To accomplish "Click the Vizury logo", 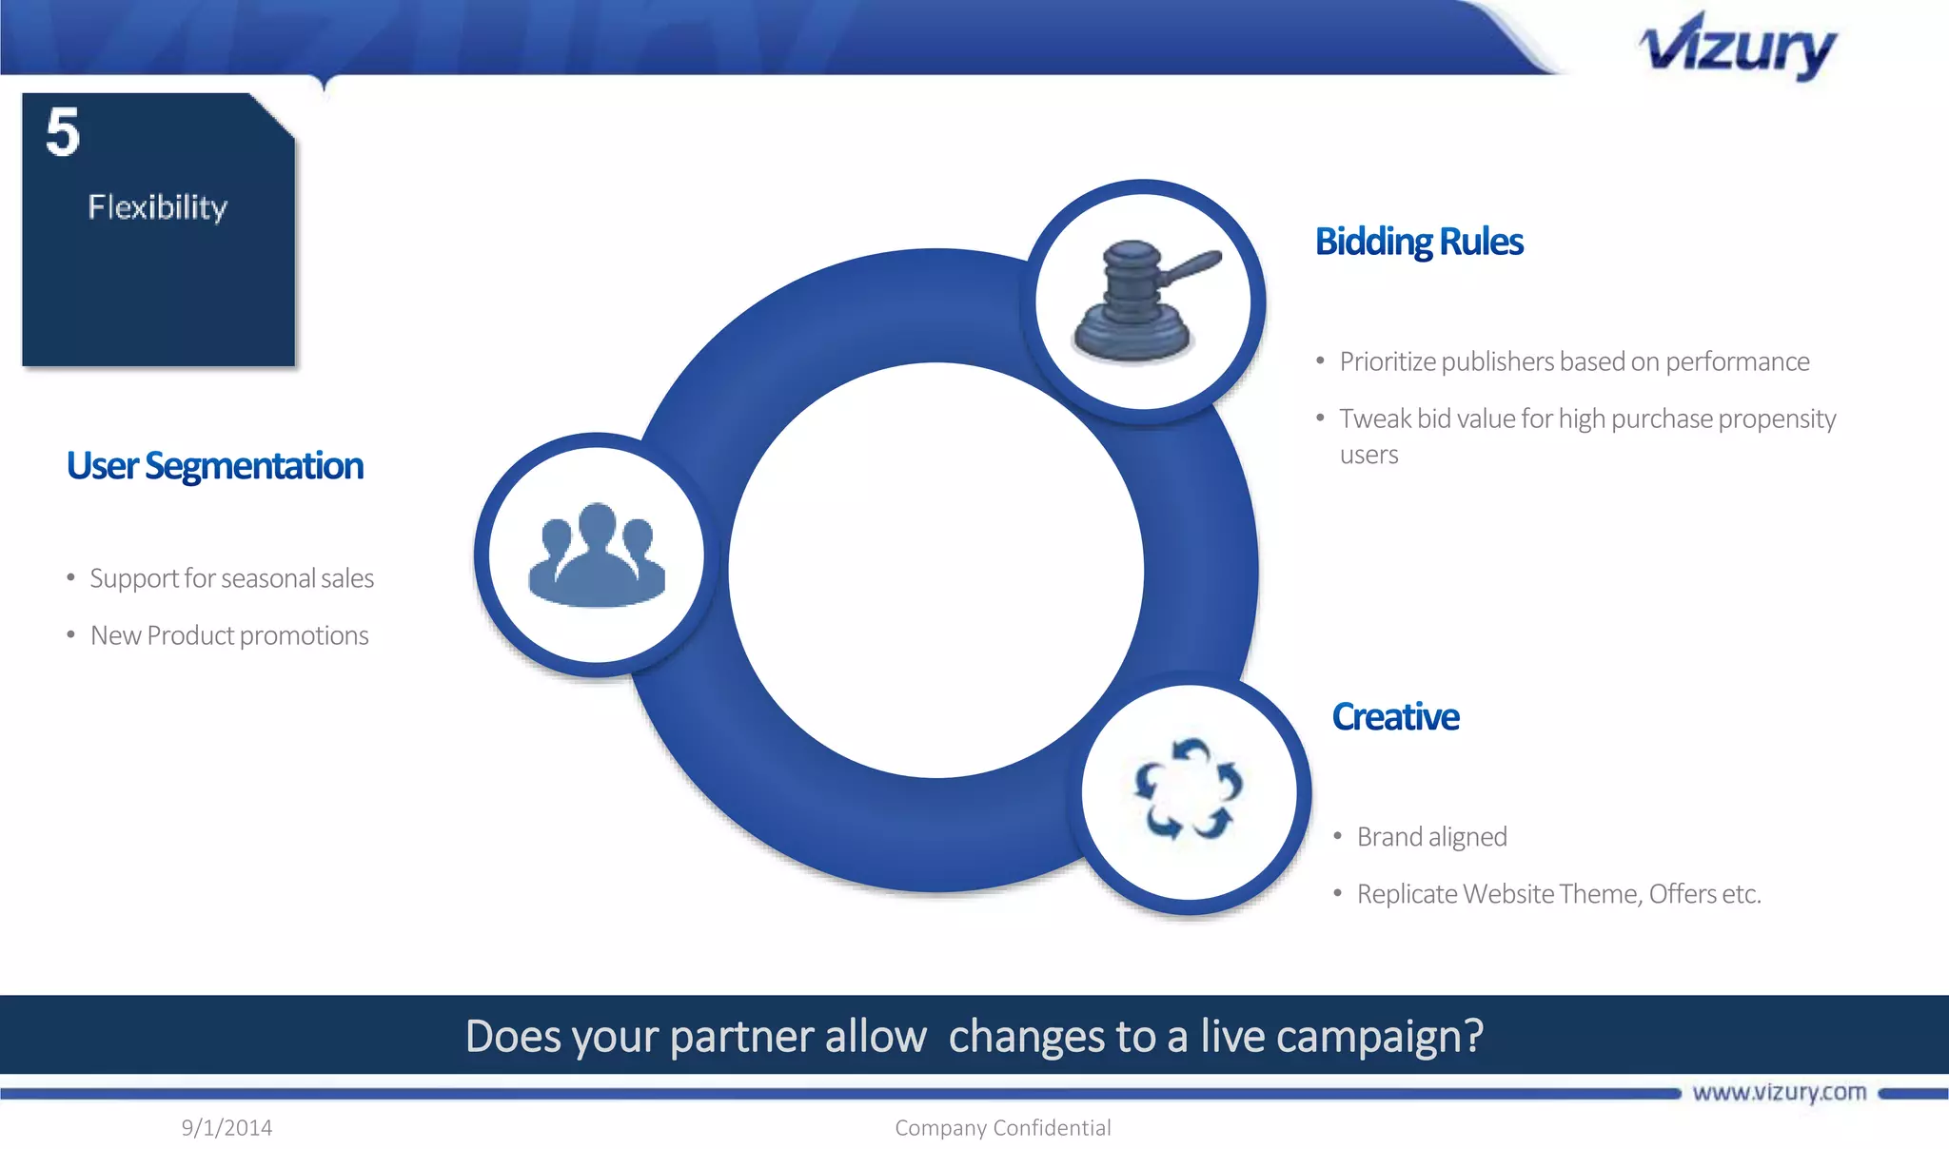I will pos(1738,47).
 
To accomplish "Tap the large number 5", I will pos(63,132).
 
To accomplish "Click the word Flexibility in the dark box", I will pos(158,207).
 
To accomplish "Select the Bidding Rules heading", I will pos(1419,242).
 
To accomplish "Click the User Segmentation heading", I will pos(215,466).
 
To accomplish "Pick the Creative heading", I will pos(1395,717).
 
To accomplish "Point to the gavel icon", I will pos(1142,301).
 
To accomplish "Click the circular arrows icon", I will pos(1189,790).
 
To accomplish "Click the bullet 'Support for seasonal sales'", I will pos(231,578).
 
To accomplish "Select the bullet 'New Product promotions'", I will pos(229,635).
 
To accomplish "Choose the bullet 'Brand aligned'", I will pos(1431,837).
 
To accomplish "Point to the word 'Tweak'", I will pos(1375,419).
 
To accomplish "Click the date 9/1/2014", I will pos(226,1128).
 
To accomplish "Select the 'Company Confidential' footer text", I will pos(1002,1128).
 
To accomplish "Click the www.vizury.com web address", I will pos(1779,1092).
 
